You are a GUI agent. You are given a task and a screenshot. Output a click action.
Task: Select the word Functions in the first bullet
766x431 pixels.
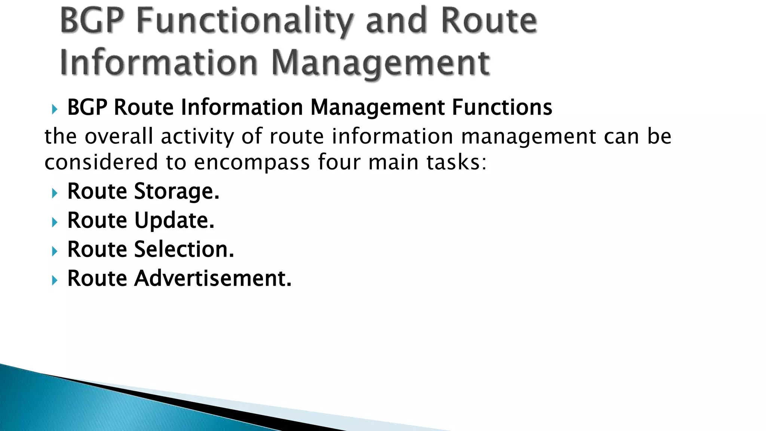[x=502, y=107]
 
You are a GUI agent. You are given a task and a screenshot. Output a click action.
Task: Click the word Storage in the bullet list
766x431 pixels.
[x=177, y=192]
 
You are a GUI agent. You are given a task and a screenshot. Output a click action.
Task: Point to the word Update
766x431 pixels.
[x=174, y=220]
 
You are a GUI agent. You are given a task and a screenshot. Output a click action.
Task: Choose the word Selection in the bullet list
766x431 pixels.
[x=184, y=249]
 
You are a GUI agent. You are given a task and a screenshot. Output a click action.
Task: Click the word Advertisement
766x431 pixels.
[x=212, y=278]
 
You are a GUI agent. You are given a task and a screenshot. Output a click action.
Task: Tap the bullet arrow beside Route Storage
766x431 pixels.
[x=55, y=193]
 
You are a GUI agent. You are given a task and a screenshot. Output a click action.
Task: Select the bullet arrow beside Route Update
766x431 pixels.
[x=55, y=222]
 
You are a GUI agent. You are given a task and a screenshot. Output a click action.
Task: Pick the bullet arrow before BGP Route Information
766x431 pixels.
[x=55, y=109]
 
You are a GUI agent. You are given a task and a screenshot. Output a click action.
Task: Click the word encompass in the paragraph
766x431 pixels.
[x=252, y=163]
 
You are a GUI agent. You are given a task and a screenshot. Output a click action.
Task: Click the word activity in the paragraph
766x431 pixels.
[x=197, y=137]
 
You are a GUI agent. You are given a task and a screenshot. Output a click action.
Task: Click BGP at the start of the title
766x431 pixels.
[x=92, y=21]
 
